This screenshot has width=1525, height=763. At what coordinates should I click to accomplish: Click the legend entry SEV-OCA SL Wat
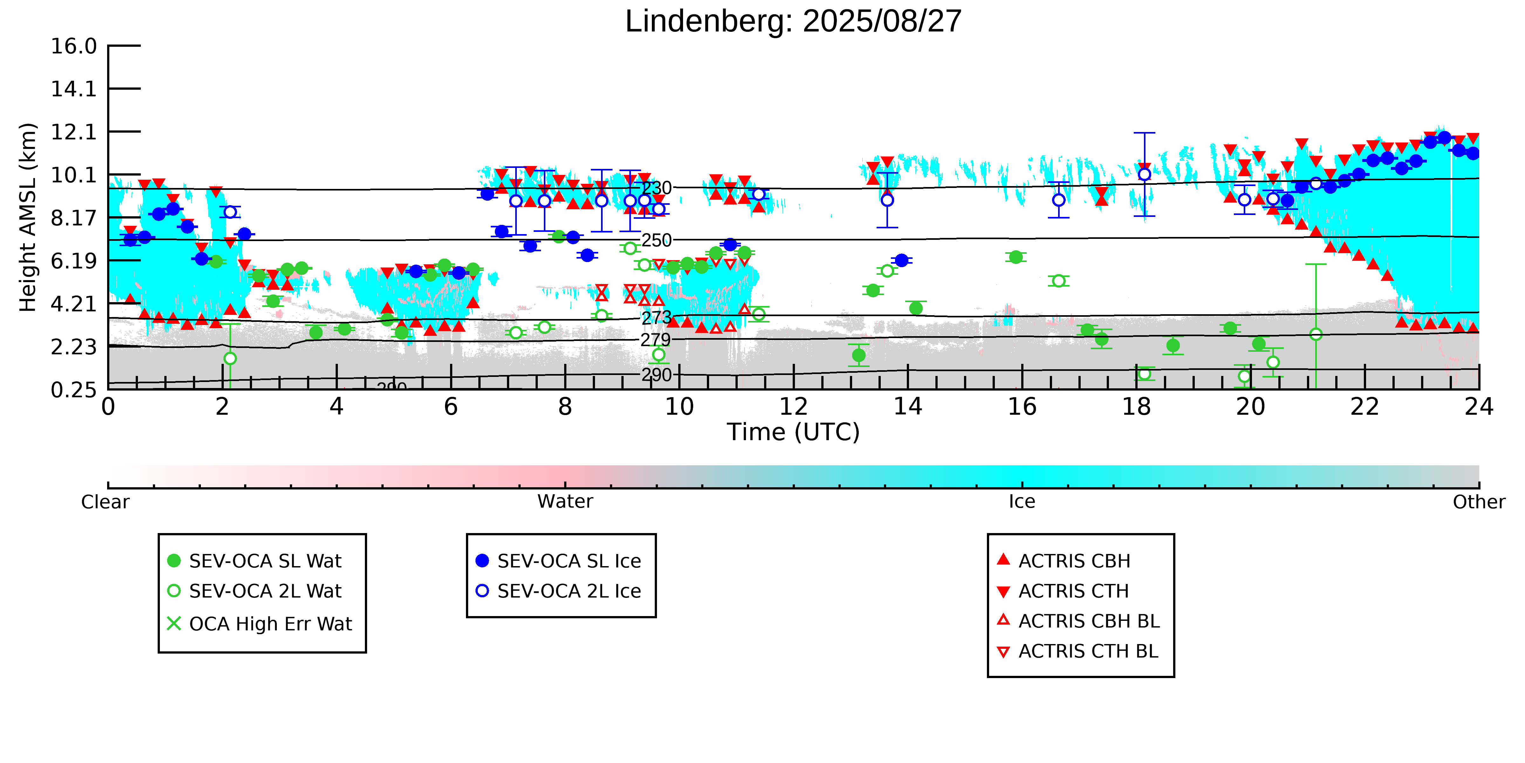[x=265, y=561]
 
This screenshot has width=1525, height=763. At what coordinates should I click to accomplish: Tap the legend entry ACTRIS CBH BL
[x=1088, y=621]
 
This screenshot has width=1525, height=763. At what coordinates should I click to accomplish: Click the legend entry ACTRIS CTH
[x=1073, y=591]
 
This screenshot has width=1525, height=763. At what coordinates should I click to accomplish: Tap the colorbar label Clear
[x=106, y=502]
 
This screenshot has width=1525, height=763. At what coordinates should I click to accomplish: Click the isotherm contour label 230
[x=657, y=188]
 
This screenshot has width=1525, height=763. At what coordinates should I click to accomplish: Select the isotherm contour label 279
[x=655, y=340]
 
